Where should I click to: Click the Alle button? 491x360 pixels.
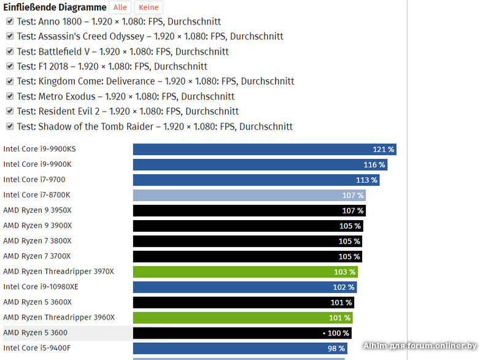coord(120,7)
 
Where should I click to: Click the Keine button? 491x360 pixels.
coord(149,7)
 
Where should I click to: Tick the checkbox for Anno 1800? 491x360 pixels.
coord(10,21)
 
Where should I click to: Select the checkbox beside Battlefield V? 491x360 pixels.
coord(10,52)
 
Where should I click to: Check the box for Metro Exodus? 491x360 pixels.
coord(10,96)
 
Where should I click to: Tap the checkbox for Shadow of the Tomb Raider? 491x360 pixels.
coord(10,126)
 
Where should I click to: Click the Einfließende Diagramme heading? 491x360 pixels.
coord(55,7)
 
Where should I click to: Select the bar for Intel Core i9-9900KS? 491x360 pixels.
coord(264,150)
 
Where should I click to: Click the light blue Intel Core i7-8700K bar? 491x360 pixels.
coord(249,195)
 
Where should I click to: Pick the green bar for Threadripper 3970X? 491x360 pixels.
coord(245,272)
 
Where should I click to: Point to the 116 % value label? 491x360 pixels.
coord(374,165)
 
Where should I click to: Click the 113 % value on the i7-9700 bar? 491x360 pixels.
coord(366,180)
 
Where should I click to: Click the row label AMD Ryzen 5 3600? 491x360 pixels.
coord(35,332)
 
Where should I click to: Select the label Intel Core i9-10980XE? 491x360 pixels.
coord(41,286)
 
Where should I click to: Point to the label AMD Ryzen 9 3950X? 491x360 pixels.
coord(37,210)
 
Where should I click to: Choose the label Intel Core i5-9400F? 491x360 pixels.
coord(37,348)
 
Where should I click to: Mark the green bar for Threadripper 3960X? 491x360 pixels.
coord(242,318)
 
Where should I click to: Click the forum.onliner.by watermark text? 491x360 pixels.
coord(420,346)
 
